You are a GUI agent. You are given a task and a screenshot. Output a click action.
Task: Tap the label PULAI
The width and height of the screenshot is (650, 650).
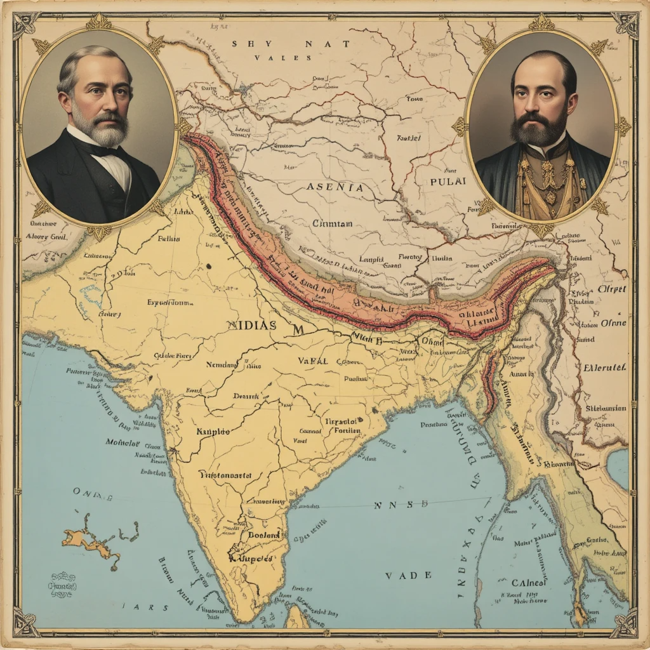(448, 181)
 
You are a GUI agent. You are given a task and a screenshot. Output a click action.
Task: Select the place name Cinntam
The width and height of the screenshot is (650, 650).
(333, 223)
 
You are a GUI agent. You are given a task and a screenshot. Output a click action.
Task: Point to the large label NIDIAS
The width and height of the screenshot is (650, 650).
(251, 324)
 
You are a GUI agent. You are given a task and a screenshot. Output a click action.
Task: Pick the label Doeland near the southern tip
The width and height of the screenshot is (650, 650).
(263, 535)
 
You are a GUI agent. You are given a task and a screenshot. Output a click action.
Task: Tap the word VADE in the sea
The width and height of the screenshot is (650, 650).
(400, 575)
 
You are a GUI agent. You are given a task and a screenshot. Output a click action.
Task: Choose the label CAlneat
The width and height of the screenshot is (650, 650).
(529, 583)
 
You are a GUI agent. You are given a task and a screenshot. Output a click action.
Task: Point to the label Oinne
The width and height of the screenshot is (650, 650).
(613, 322)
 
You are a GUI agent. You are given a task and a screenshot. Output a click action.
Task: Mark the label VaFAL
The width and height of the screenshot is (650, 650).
(312, 361)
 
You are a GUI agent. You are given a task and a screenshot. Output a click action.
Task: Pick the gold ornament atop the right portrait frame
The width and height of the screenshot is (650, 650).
(541, 22)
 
